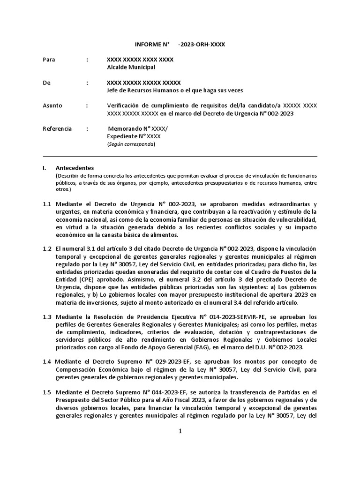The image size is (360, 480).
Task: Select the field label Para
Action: pyautogui.click(x=49, y=60)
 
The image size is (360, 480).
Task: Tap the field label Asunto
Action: pyautogui.click(x=52, y=105)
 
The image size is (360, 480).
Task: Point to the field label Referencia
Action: pyautogui.click(x=57, y=128)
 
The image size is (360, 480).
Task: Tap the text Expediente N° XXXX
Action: pyautogui.click(x=134, y=136)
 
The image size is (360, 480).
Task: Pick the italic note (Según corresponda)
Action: pyautogui.click(x=131, y=144)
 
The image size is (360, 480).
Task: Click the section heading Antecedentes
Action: pyautogui.click(x=75, y=167)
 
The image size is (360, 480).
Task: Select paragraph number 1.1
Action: pyautogui.click(x=47, y=204)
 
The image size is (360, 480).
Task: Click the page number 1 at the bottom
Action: pyautogui.click(x=180, y=432)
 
